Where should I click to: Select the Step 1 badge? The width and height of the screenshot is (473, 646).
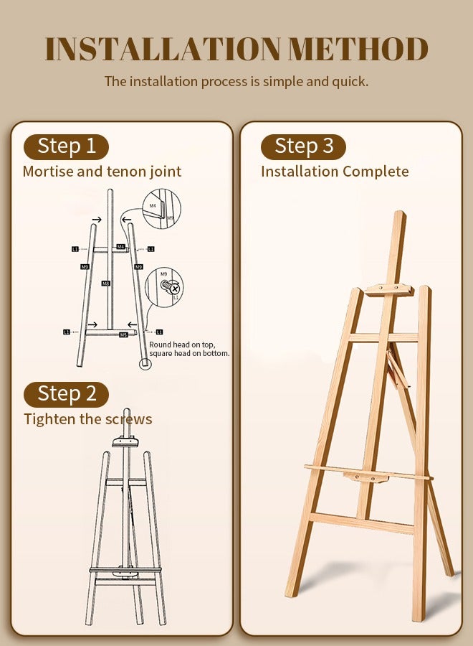[x=67, y=146]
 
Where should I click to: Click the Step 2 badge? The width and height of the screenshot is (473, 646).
[x=67, y=394]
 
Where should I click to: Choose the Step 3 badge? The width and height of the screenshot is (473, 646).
[x=303, y=146]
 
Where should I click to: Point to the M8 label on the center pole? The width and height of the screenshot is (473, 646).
[x=106, y=284]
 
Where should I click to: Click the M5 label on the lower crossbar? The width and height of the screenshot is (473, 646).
[x=123, y=334]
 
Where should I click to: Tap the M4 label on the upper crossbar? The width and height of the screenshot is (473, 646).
[x=120, y=247]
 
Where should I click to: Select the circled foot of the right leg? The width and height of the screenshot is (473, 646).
[x=145, y=362]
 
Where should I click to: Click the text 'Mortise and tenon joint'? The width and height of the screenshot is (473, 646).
[x=102, y=172]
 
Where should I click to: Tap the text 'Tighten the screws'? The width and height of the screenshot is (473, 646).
[x=87, y=419]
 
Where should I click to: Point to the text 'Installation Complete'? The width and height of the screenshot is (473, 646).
[x=335, y=172]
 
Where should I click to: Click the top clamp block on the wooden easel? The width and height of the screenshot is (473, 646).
[x=388, y=290]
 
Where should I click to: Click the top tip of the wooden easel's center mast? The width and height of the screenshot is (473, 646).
[x=399, y=214]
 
